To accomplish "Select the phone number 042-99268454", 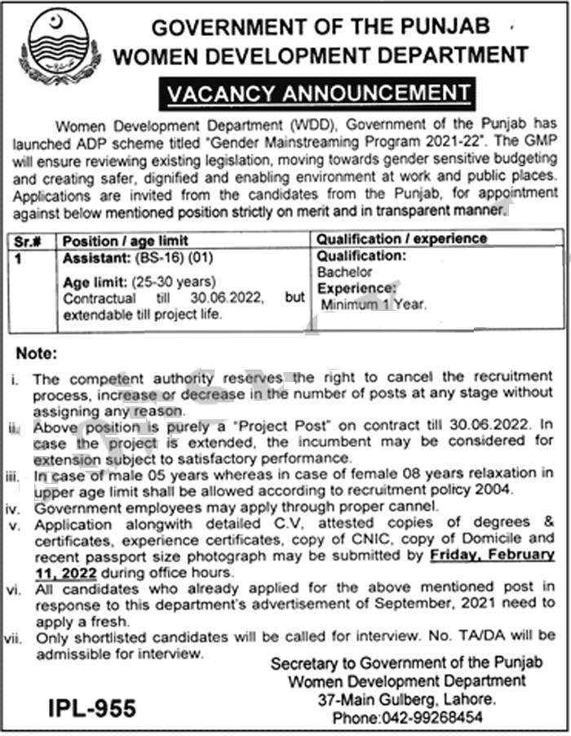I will (431, 717).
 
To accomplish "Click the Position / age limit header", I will (126, 241).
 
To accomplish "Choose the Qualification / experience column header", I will (401, 239).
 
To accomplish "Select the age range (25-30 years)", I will (175, 282).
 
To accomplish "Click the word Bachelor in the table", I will (345, 273).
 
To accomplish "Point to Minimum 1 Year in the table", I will (373, 305).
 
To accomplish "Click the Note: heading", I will (37, 355).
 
